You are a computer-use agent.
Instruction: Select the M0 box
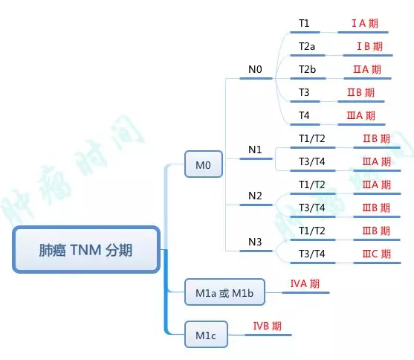coord(204,164)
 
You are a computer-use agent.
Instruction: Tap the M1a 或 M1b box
coord(224,293)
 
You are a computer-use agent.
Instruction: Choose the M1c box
coord(205,335)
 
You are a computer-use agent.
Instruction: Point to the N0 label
coord(255,70)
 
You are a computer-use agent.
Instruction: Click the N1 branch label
coord(255,150)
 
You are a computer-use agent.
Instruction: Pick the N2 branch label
coord(255,196)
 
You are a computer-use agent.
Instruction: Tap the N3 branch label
coord(255,242)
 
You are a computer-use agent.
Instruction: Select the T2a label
coord(307,46)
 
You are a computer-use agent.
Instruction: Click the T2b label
coord(307,69)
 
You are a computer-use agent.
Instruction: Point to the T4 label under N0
coord(304,115)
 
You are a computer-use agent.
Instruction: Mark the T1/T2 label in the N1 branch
coord(311,138)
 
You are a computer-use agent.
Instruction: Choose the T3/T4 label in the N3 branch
coord(311,254)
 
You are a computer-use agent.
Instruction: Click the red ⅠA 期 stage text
coord(364,23)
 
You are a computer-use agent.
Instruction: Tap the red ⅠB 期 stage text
coord(369,46)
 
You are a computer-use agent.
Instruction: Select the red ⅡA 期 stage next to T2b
coord(366,69)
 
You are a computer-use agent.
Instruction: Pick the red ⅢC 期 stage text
coord(376,254)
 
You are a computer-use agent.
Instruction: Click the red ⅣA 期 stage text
coord(305,283)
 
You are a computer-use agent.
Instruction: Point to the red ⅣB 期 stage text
coord(267,325)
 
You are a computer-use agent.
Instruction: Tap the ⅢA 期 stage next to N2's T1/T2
coord(376,184)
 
